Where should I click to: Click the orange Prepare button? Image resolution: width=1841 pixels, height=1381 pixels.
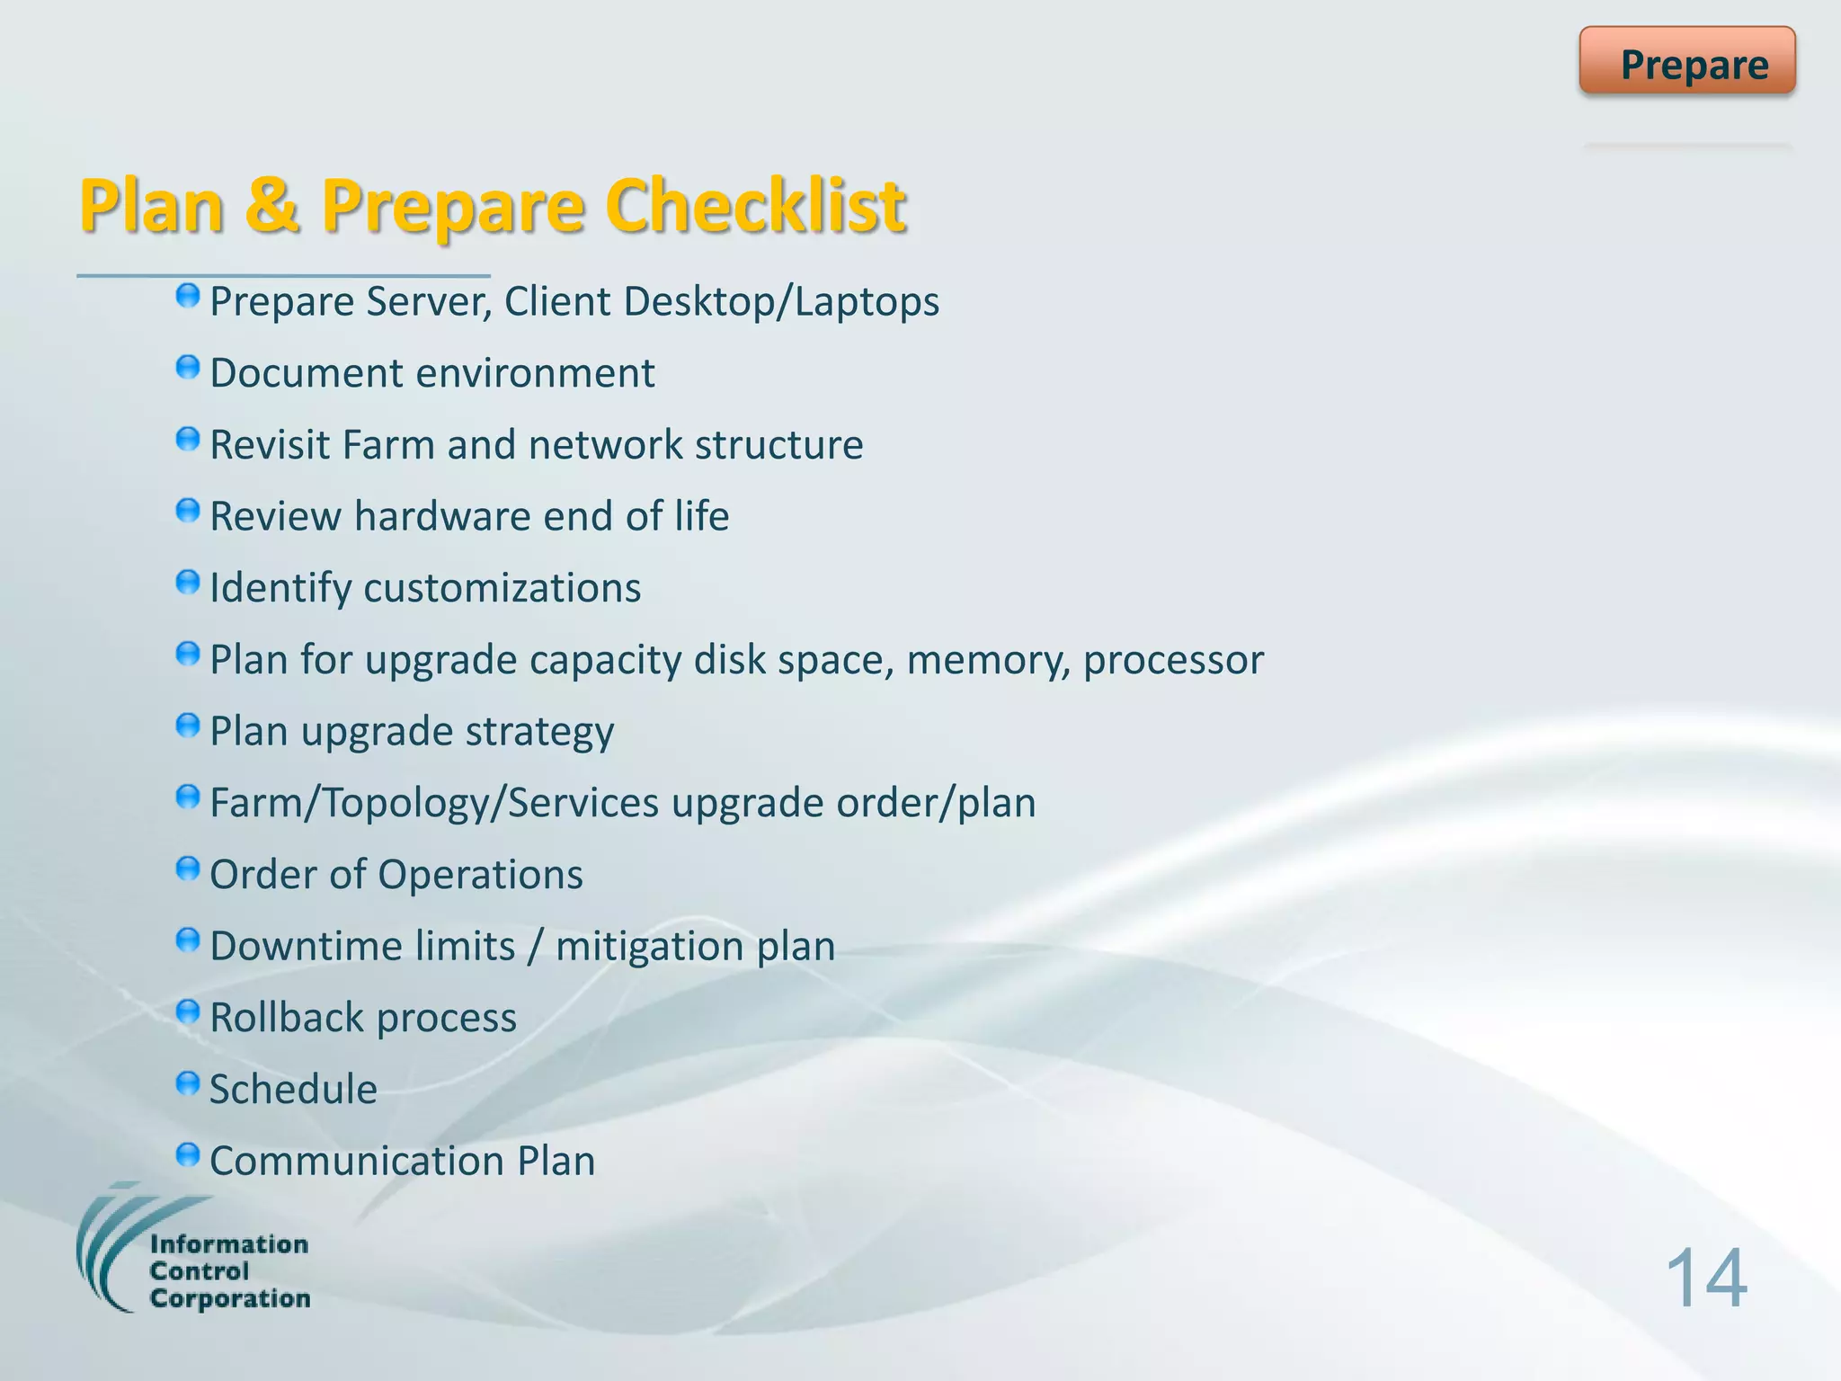(1687, 61)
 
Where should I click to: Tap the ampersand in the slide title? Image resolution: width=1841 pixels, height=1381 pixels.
(271, 205)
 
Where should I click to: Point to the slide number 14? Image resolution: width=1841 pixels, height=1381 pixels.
(1705, 1279)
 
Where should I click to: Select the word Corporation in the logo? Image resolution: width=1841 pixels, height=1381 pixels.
(230, 1298)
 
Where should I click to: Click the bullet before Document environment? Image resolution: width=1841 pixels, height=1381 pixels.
(187, 368)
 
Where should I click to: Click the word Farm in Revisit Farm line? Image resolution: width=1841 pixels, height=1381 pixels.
(388, 444)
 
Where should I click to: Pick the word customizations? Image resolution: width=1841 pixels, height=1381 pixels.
(502, 588)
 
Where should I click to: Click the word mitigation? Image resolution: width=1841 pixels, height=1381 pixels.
(649, 947)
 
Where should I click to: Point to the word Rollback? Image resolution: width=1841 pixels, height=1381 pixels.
(286, 1018)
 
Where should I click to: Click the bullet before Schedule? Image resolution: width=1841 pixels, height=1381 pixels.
(187, 1083)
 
